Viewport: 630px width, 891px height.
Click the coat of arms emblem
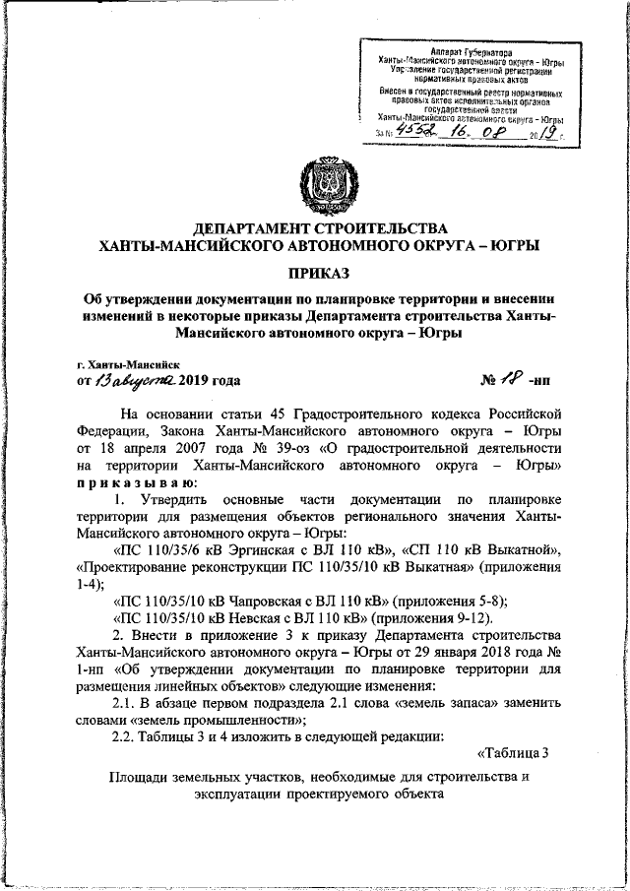(x=319, y=185)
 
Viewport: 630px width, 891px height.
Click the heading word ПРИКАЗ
(x=319, y=271)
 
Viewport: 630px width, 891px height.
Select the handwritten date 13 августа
(x=137, y=381)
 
